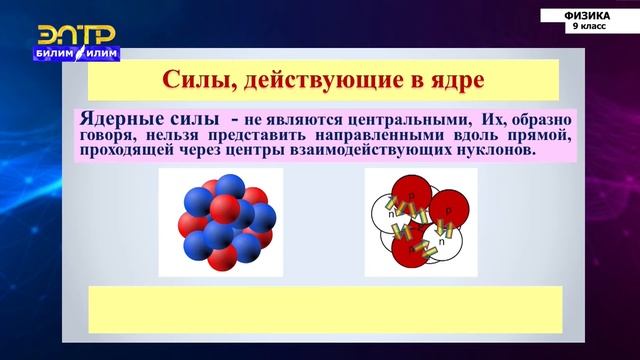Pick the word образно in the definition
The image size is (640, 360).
(x=541, y=117)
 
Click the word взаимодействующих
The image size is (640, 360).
(x=379, y=151)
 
